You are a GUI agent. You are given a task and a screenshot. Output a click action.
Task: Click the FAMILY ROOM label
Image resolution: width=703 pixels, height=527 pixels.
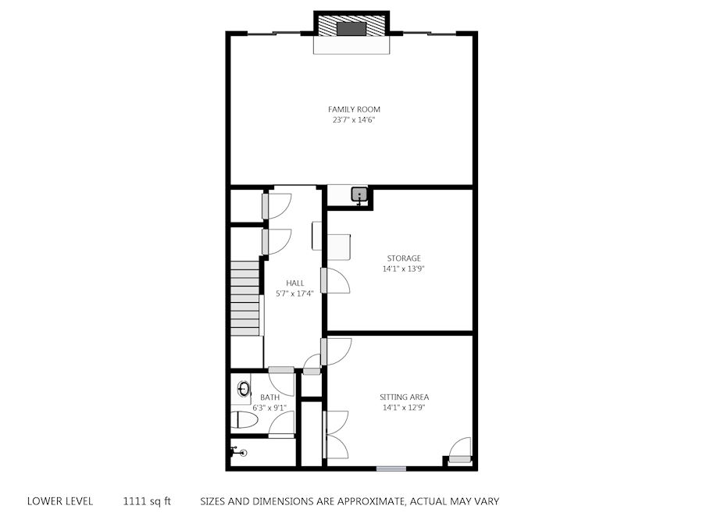pyautogui.click(x=354, y=109)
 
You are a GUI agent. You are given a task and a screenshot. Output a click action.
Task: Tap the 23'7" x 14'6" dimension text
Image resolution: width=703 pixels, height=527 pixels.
pyautogui.click(x=354, y=120)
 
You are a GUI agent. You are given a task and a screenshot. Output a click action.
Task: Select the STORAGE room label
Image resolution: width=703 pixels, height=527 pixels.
pyautogui.click(x=404, y=258)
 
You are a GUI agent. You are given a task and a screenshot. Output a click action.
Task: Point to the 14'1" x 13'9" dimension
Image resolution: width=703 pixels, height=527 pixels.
pyautogui.click(x=404, y=269)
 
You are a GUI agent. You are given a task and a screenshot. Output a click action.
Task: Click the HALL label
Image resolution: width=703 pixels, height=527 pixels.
pyautogui.click(x=295, y=283)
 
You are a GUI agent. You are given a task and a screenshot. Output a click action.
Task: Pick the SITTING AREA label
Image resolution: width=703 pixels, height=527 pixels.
pyautogui.click(x=404, y=397)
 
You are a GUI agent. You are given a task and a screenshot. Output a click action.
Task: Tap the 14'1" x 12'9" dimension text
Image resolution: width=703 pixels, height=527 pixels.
pyautogui.click(x=404, y=408)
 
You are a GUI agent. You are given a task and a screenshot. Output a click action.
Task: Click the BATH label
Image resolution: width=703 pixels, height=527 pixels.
pyautogui.click(x=269, y=397)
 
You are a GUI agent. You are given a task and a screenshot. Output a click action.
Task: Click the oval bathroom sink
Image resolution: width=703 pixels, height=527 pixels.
pyautogui.click(x=244, y=389)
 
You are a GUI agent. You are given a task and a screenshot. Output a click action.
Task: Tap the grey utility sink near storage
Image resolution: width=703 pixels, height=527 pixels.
pyautogui.click(x=359, y=194)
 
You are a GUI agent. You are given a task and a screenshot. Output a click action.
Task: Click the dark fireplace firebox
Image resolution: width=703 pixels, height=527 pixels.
pyautogui.click(x=351, y=28)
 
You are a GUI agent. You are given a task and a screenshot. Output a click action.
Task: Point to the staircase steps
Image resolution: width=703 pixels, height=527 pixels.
pyautogui.click(x=245, y=298)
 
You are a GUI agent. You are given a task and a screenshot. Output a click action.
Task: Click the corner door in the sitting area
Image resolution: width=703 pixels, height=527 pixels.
pyautogui.click(x=459, y=450)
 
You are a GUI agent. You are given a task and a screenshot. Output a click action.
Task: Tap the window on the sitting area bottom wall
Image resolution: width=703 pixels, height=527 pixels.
pyautogui.click(x=391, y=468)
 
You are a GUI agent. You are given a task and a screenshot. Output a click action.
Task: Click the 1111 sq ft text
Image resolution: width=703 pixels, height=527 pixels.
pyautogui.click(x=147, y=501)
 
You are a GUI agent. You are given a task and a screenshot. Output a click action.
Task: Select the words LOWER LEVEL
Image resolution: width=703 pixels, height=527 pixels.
pyautogui.click(x=60, y=501)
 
